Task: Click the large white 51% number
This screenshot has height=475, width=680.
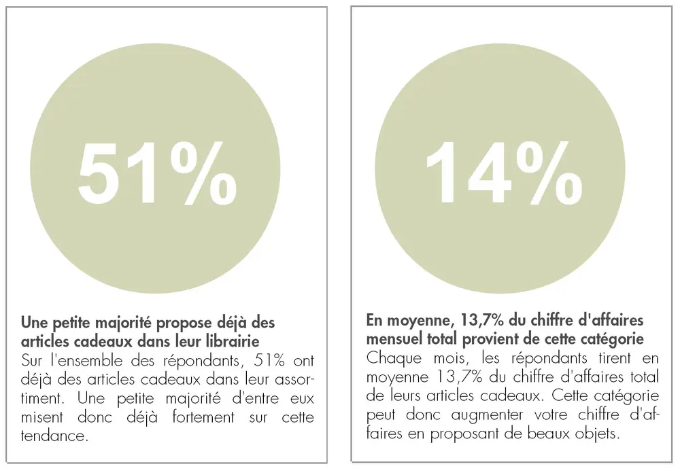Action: (156, 173)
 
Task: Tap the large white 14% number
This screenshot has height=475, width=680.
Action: (504, 173)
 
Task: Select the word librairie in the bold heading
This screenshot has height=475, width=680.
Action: (248, 338)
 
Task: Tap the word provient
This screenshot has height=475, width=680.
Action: (496, 338)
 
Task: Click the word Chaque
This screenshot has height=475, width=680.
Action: (390, 357)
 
